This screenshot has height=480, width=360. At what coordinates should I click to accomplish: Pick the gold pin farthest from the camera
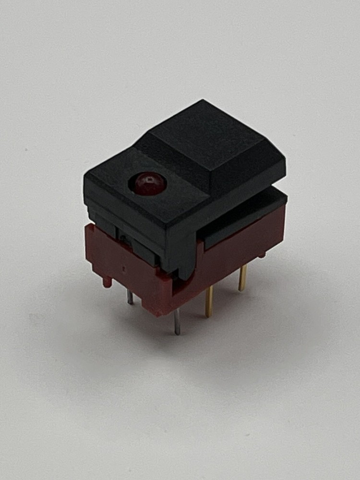coord(243,278)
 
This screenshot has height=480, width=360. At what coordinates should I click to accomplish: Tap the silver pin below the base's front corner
coord(178,321)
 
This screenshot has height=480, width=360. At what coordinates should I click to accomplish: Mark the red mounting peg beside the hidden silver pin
coord(107,281)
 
